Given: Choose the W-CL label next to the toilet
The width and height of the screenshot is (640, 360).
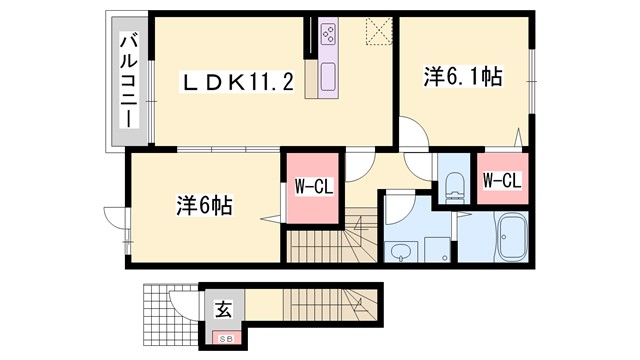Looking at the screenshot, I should (x=501, y=181).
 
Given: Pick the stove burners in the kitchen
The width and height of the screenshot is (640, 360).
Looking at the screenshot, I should (x=328, y=36).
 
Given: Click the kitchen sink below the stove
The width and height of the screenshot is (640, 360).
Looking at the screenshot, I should (x=328, y=75).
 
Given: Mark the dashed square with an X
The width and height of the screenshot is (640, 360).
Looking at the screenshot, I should (x=378, y=33).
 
